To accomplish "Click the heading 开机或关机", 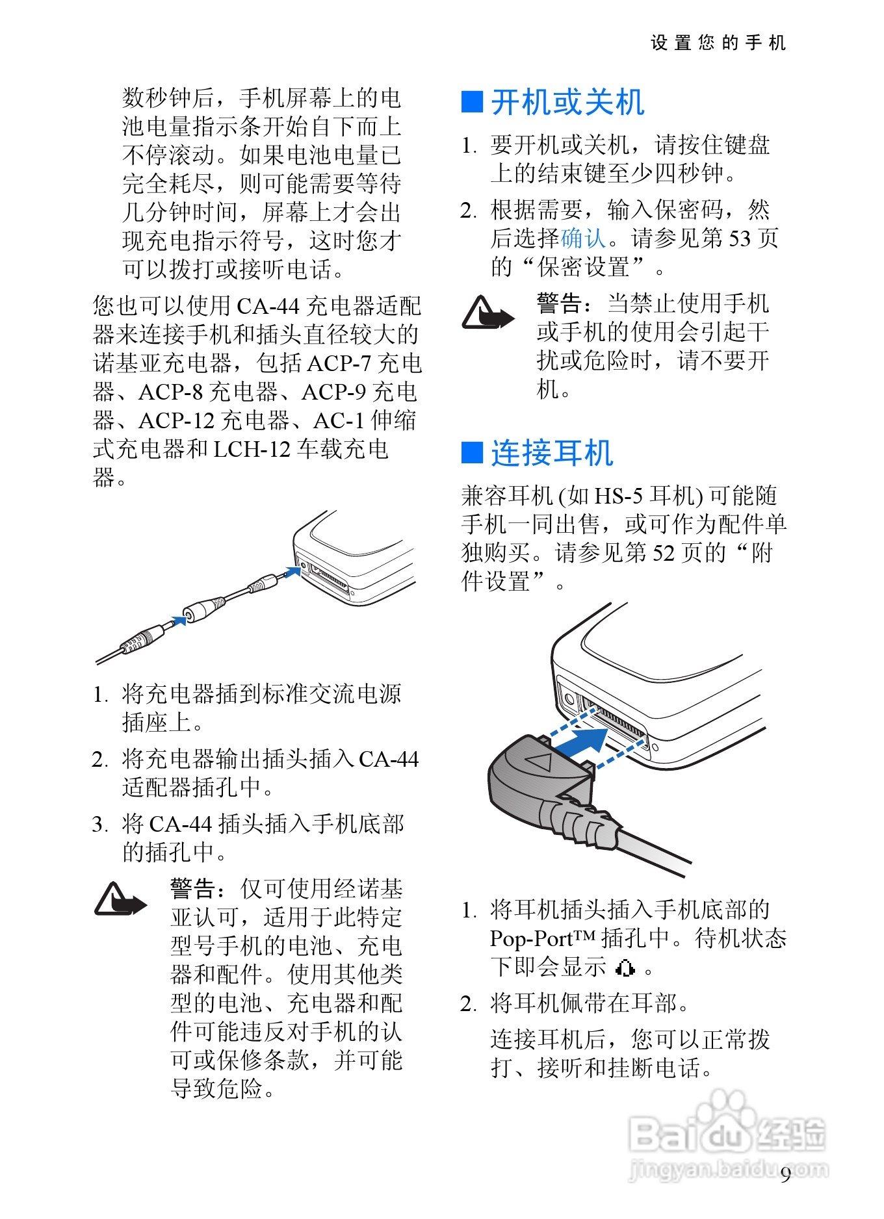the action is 567,103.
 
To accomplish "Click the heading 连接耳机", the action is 552,453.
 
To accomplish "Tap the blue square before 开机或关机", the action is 472,103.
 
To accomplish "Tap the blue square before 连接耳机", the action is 472,453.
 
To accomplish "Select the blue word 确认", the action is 583,238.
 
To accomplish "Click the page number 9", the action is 786,1174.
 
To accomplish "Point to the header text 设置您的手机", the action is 718,43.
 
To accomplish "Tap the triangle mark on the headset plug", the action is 539,761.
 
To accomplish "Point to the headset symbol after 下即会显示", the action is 625,968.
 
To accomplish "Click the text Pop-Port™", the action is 543,939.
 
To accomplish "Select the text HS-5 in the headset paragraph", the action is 619,496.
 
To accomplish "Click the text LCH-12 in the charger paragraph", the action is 252,449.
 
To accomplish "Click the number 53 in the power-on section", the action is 739,238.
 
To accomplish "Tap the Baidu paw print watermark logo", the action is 725,1114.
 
